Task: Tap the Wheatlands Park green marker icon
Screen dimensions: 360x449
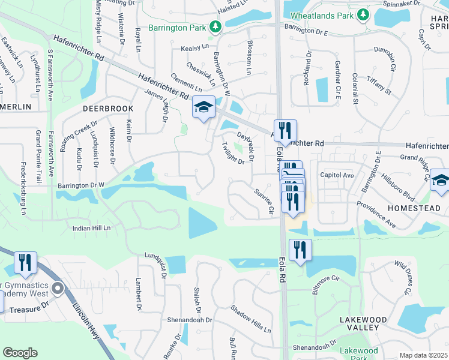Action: tap(363, 14)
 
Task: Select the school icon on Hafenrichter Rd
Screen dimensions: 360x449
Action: tap(203, 108)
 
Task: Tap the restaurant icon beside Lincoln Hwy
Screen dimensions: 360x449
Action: tap(26, 262)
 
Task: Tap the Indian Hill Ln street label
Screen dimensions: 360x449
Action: tap(92, 228)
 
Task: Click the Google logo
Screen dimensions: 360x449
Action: tap(20, 353)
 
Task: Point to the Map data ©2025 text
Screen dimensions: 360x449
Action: tap(423, 355)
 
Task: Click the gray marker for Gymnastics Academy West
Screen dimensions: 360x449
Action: tap(58, 289)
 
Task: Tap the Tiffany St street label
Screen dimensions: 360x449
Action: tap(379, 87)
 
